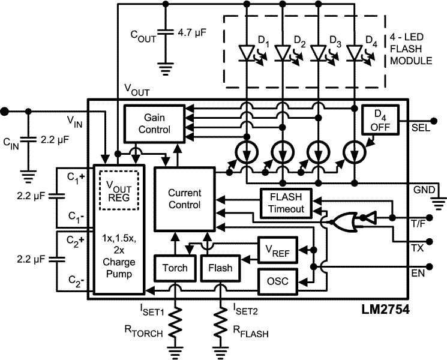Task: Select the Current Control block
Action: point(184,199)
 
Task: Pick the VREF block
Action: point(277,250)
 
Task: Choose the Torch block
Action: point(175,268)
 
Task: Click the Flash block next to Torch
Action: point(220,268)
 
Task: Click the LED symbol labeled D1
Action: point(247,53)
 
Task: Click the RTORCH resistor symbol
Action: point(175,325)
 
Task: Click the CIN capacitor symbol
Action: point(28,143)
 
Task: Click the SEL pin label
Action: point(419,128)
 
